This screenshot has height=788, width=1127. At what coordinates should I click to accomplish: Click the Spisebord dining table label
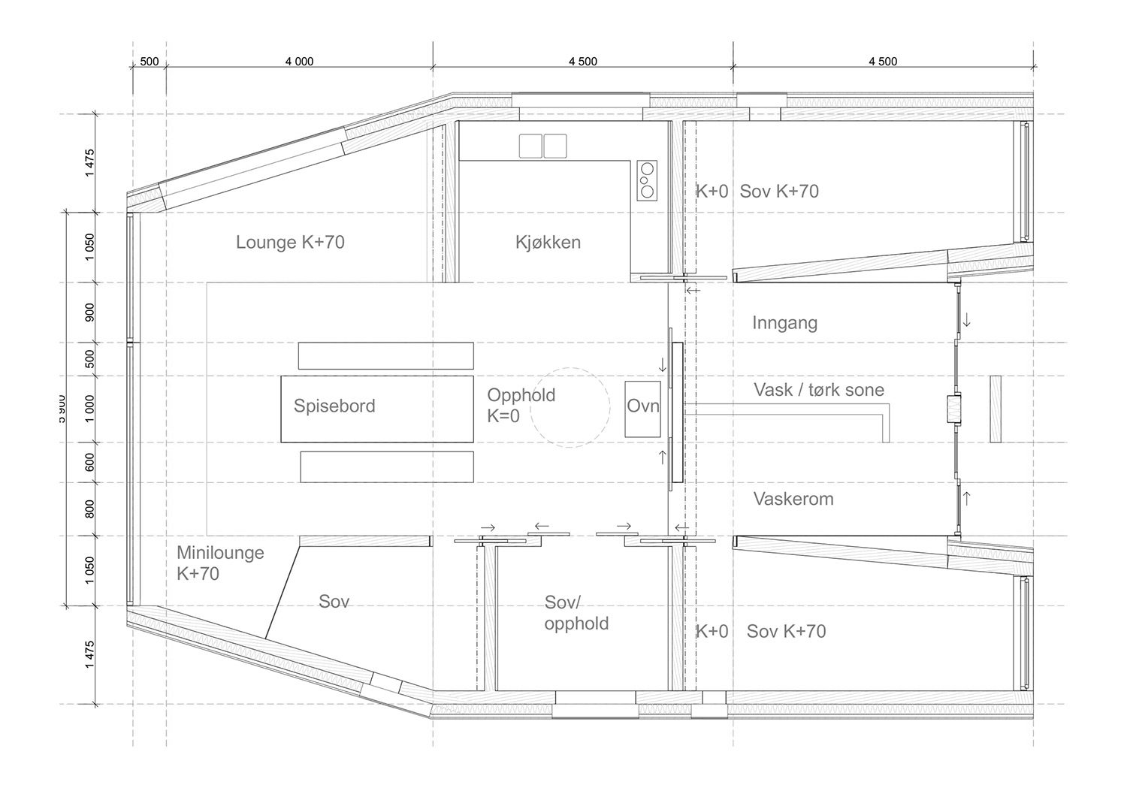(x=334, y=406)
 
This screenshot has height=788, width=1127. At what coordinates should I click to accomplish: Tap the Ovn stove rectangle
(x=642, y=408)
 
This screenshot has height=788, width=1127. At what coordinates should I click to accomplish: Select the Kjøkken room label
(x=548, y=242)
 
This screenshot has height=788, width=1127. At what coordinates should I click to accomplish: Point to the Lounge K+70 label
(x=290, y=242)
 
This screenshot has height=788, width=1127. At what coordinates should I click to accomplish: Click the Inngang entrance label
(x=784, y=323)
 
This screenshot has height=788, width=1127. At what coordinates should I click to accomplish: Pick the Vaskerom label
(x=793, y=499)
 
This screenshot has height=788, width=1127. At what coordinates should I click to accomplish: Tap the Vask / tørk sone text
(x=818, y=390)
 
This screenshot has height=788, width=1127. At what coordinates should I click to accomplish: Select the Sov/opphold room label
(x=576, y=613)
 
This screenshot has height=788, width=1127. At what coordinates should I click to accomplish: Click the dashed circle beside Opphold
(x=570, y=408)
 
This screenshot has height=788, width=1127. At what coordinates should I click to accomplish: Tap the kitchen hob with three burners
(x=647, y=180)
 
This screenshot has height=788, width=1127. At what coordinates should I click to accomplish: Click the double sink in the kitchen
(x=542, y=146)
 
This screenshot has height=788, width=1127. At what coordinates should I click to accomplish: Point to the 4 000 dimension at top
(x=299, y=62)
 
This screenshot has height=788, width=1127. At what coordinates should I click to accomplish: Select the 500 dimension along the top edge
(x=150, y=62)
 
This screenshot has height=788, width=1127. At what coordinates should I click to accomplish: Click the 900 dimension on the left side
(x=89, y=312)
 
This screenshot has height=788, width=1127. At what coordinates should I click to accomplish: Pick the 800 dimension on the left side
(x=89, y=509)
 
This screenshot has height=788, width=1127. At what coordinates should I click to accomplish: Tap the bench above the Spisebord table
(x=385, y=355)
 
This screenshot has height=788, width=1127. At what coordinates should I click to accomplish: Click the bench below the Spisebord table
(x=386, y=466)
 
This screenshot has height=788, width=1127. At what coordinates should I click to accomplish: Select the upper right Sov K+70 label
(x=779, y=191)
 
